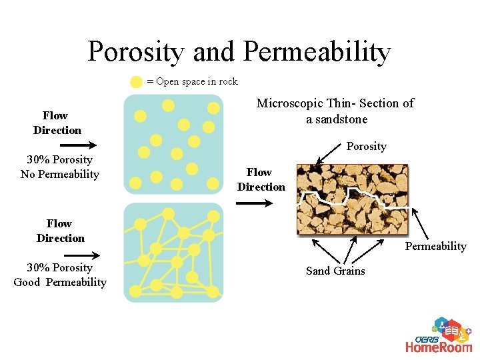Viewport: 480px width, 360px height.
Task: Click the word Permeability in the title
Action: coord(317,52)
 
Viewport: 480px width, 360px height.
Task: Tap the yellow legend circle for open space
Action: coord(136,82)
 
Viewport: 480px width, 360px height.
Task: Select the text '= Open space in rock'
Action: coord(192,81)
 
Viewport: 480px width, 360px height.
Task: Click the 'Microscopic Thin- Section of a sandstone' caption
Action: coord(335,111)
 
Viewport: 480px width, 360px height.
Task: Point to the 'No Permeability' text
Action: coord(59,175)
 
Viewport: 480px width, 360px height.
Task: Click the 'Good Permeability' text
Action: coord(60,283)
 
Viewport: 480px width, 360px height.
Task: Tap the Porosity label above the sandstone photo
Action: coord(366,146)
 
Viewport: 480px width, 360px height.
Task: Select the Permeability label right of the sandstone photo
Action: coord(435,247)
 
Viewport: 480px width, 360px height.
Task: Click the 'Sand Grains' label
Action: coord(335,271)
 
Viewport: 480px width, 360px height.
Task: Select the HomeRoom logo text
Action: coord(439,346)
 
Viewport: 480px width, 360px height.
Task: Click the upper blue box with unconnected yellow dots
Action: coord(173,144)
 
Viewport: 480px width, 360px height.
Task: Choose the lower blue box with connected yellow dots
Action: coord(173,253)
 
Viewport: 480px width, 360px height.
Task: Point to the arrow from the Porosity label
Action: coord(331,156)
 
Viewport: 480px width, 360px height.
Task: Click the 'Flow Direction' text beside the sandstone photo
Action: coord(261,180)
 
